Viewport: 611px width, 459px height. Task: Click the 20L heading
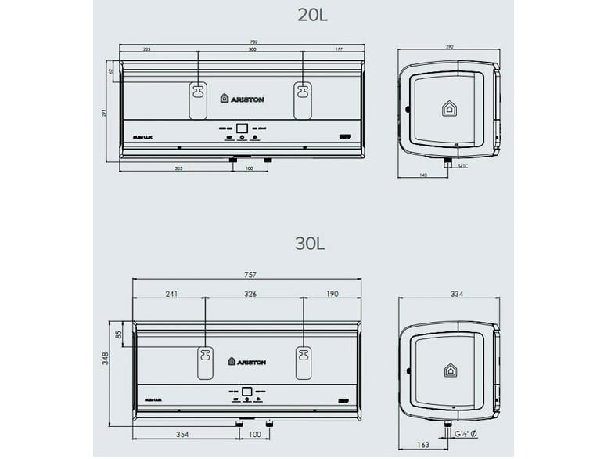click(313, 13)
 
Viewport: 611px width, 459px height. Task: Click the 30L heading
click(310, 243)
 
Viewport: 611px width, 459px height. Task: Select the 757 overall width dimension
click(250, 276)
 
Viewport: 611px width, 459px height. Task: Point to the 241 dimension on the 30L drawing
click(171, 295)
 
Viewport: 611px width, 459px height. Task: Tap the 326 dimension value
click(251, 295)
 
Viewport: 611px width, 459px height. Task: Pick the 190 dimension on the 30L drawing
click(331, 295)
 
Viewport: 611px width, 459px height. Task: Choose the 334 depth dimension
click(447, 295)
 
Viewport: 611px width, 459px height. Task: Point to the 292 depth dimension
click(449, 47)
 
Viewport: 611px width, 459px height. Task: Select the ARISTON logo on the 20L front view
click(242, 99)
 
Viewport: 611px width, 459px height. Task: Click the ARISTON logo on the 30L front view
click(247, 361)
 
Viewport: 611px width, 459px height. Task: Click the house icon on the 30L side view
click(450, 370)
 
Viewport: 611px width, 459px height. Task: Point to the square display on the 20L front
click(243, 127)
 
